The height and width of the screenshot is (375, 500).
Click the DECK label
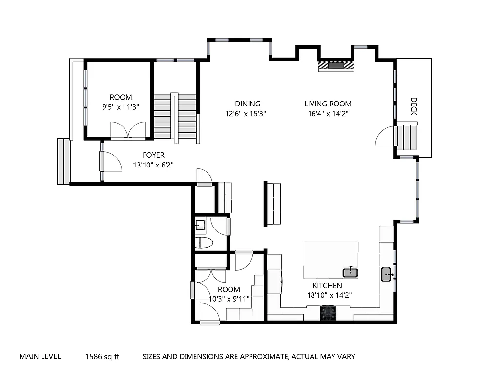tap(413, 106)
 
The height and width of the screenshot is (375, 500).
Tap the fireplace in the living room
tap(335, 65)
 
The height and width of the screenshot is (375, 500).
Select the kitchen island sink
tap(350, 272)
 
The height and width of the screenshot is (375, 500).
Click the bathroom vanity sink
tap(200, 225)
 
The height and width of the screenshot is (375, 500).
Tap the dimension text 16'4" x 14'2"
tap(328, 113)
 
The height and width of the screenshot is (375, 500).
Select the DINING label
tap(248, 104)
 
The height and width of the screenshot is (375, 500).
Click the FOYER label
tap(153, 155)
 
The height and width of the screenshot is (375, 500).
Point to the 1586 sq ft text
tap(102, 357)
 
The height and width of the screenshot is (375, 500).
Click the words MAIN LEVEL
tap(40, 356)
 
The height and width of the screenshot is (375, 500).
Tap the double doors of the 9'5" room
tap(127, 130)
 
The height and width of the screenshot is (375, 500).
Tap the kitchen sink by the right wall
tap(387, 274)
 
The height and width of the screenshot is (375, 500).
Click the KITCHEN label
tap(327, 285)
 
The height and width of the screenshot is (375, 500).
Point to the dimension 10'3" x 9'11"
tap(229, 299)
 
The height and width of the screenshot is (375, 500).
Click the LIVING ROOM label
tap(328, 104)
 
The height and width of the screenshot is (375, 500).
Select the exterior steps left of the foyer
tap(63, 162)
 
